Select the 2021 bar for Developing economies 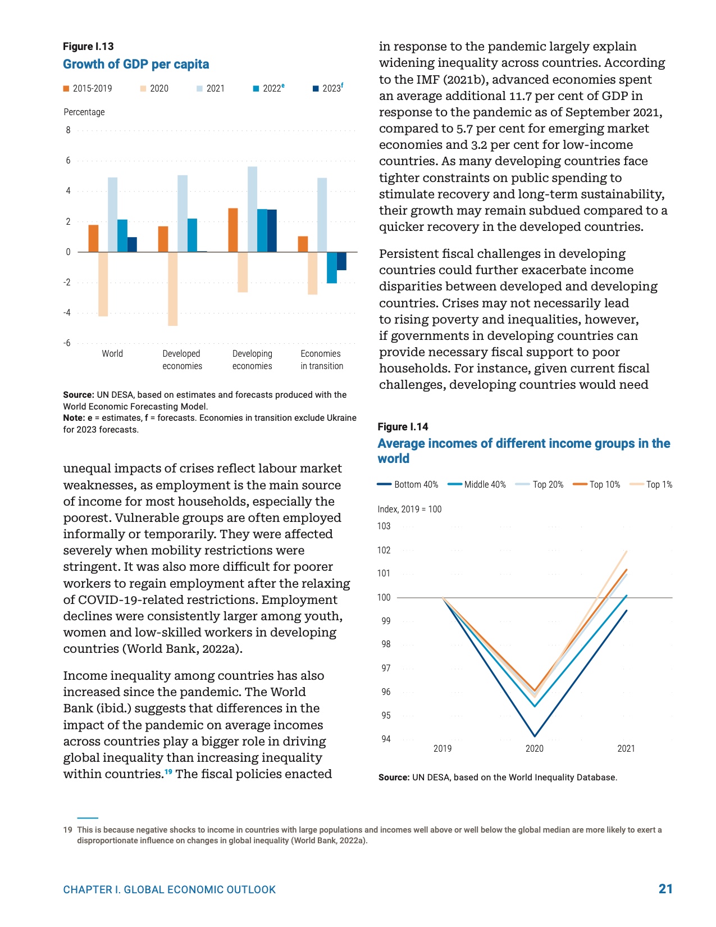coord(252,209)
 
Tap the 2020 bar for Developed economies coord(172,289)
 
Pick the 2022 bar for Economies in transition coord(332,267)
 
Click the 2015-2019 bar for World coord(93,238)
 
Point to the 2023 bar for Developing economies coord(272,230)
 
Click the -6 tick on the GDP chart coord(67,343)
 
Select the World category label coord(112,354)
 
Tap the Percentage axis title coord(84,112)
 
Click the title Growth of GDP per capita coord(136,65)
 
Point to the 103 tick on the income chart coord(384,526)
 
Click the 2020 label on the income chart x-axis coord(535,749)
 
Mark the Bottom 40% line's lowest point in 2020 coord(535,736)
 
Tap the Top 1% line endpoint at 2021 coord(626,552)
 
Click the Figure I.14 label coord(403,427)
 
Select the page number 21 coord(665,889)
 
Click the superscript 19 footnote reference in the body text coord(168,772)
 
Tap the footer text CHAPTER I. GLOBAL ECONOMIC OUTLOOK coord(170,890)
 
